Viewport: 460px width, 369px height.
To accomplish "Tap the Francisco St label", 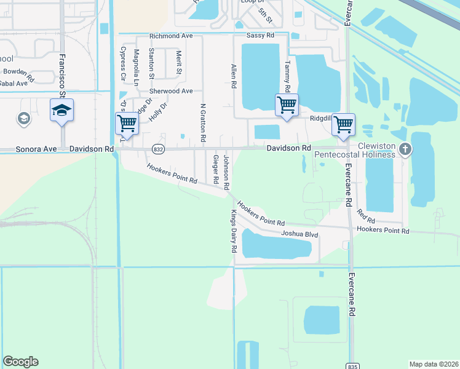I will pyautogui.click(x=62, y=73).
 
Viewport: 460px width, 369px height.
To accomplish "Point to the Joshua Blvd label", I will pyautogui.click(x=299, y=234).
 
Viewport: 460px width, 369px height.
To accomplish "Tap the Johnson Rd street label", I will pyautogui.click(x=226, y=173).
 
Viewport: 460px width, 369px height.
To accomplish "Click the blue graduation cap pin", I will pyautogui.click(x=61, y=110).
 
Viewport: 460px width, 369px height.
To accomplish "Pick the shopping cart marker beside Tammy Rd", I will pyautogui.click(x=287, y=105).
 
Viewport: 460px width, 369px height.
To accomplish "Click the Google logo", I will pyautogui.click(x=20, y=362).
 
